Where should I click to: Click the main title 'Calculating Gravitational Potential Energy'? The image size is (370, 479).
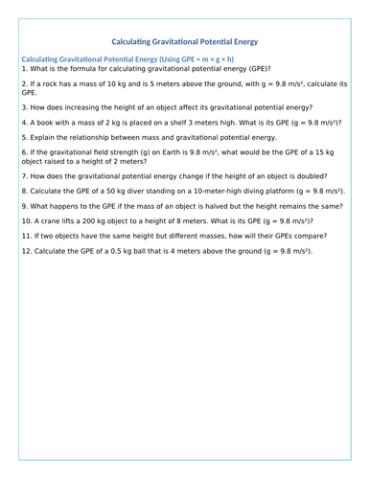pos(185,42)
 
